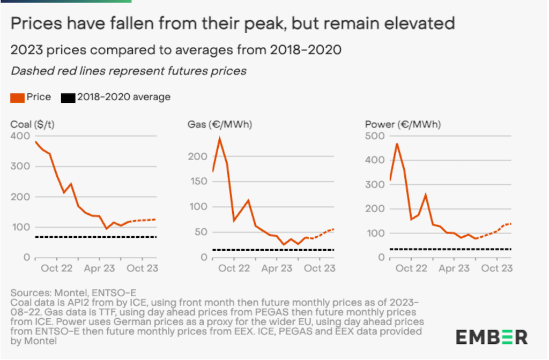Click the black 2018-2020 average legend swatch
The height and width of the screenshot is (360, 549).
[x=68, y=97]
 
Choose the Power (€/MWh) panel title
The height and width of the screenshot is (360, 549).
[x=402, y=125]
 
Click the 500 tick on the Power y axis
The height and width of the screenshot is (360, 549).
[x=373, y=136]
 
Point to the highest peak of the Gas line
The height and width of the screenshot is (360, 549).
[x=219, y=138]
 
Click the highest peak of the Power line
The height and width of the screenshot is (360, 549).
[x=397, y=144]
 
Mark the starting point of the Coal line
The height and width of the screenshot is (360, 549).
[x=35, y=141]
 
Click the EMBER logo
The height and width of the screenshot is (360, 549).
[x=492, y=337]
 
